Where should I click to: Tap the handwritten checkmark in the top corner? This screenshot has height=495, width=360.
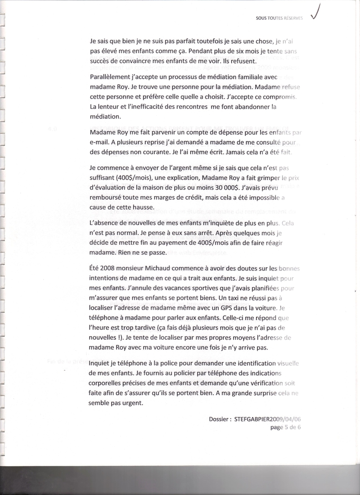(319, 12)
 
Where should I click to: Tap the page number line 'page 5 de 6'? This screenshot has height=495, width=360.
(285, 427)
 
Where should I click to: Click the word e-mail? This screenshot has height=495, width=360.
(101, 143)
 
